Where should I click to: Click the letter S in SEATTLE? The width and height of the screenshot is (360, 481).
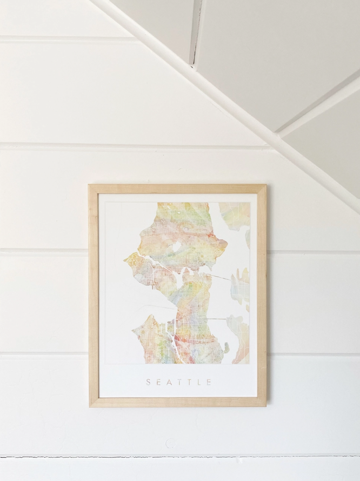[x=148, y=383]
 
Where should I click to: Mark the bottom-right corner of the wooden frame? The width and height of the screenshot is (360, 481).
[x=265, y=405]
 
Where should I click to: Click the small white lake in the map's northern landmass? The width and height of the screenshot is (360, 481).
[x=176, y=248]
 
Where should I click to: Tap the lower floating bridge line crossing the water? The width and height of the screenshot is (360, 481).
[x=216, y=318]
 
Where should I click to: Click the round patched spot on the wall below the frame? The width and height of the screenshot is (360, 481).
[x=171, y=444]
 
